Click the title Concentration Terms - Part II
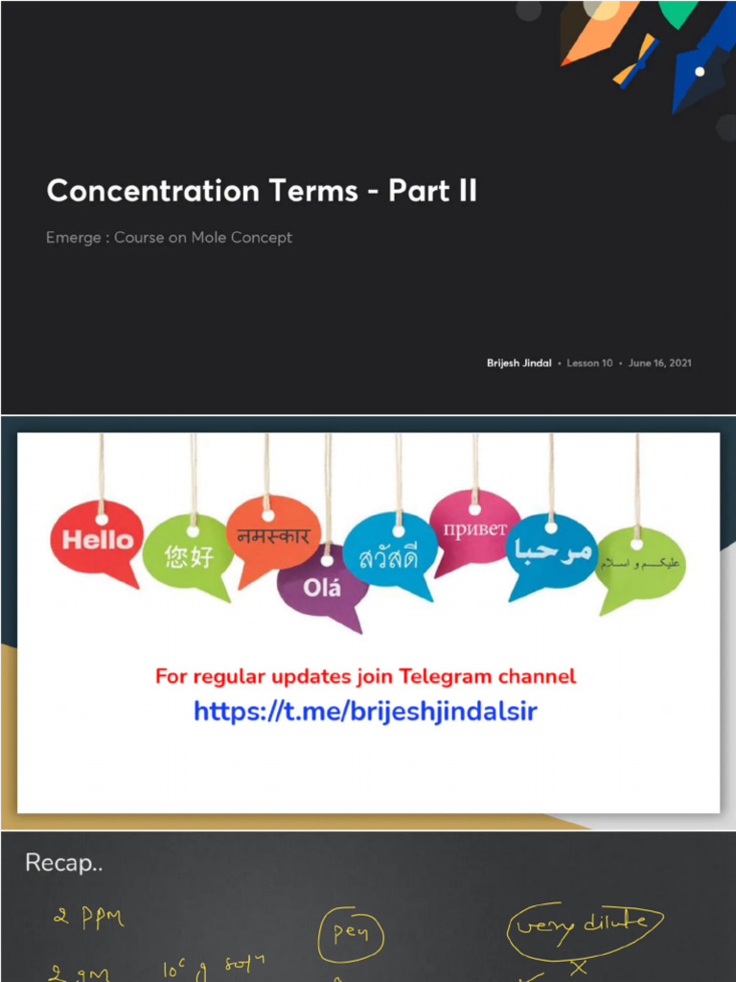[x=262, y=191]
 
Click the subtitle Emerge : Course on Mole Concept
[x=169, y=237]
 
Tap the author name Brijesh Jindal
[x=518, y=363]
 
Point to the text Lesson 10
[x=589, y=363]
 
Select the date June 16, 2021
[x=659, y=363]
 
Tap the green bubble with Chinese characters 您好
[x=188, y=555]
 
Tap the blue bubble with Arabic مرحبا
[x=551, y=553]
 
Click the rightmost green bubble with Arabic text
[x=639, y=564]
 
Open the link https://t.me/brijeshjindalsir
[x=365, y=712]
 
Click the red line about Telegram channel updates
[x=365, y=676]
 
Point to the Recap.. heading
[x=63, y=863]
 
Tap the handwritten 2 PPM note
[x=88, y=919]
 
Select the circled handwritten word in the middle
[x=353, y=932]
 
